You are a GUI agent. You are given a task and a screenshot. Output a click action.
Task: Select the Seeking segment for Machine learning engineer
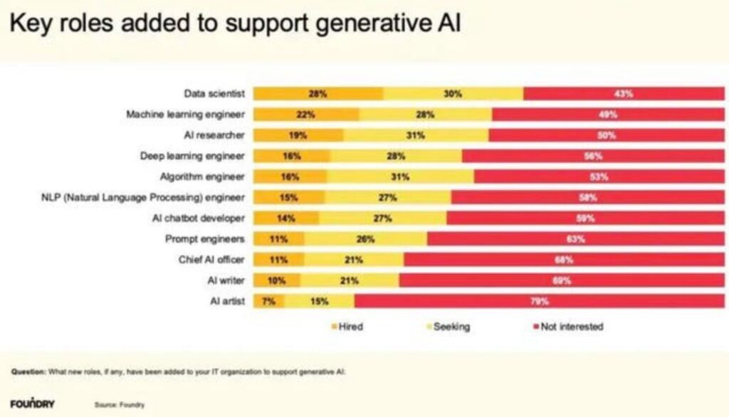425,115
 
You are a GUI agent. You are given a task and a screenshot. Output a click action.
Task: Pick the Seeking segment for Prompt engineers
366,239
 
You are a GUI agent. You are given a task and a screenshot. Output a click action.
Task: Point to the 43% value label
624,94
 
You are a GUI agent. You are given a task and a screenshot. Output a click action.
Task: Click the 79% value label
539,301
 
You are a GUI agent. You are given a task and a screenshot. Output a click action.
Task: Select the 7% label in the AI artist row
268,301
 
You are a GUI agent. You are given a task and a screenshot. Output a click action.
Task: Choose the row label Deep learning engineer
192,156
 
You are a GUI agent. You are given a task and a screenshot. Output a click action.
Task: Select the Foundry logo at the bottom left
33,404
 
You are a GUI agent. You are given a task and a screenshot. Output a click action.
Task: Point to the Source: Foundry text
120,405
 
